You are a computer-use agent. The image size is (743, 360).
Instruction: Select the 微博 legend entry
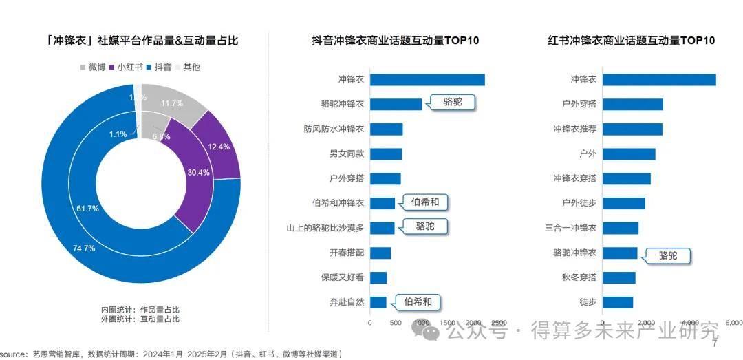[x=92, y=67]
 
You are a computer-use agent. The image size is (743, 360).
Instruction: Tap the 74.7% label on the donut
[x=84, y=248]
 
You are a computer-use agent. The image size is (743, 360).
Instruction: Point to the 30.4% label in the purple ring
[x=199, y=172]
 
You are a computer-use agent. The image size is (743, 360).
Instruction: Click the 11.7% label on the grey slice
[x=171, y=104]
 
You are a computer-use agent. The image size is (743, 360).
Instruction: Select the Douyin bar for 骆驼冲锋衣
[x=396, y=104]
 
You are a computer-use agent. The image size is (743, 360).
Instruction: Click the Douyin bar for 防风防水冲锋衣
[x=386, y=129]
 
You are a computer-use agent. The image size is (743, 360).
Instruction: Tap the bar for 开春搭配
[x=380, y=253]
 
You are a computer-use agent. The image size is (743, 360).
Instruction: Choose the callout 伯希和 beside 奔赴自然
[x=418, y=301]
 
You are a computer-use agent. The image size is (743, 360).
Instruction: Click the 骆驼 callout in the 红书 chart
[x=667, y=256]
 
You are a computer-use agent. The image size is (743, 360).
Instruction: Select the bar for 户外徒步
[x=624, y=203]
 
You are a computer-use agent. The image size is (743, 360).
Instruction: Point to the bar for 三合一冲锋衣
[x=621, y=228]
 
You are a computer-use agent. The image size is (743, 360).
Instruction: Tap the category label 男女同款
[x=347, y=153]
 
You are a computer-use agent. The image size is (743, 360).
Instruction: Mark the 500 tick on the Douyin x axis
[x=396, y=322]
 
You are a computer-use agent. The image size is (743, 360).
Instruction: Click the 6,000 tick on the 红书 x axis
[x=734, y=322]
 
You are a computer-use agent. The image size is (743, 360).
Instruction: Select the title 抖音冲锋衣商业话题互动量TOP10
[x=395, y=41]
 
